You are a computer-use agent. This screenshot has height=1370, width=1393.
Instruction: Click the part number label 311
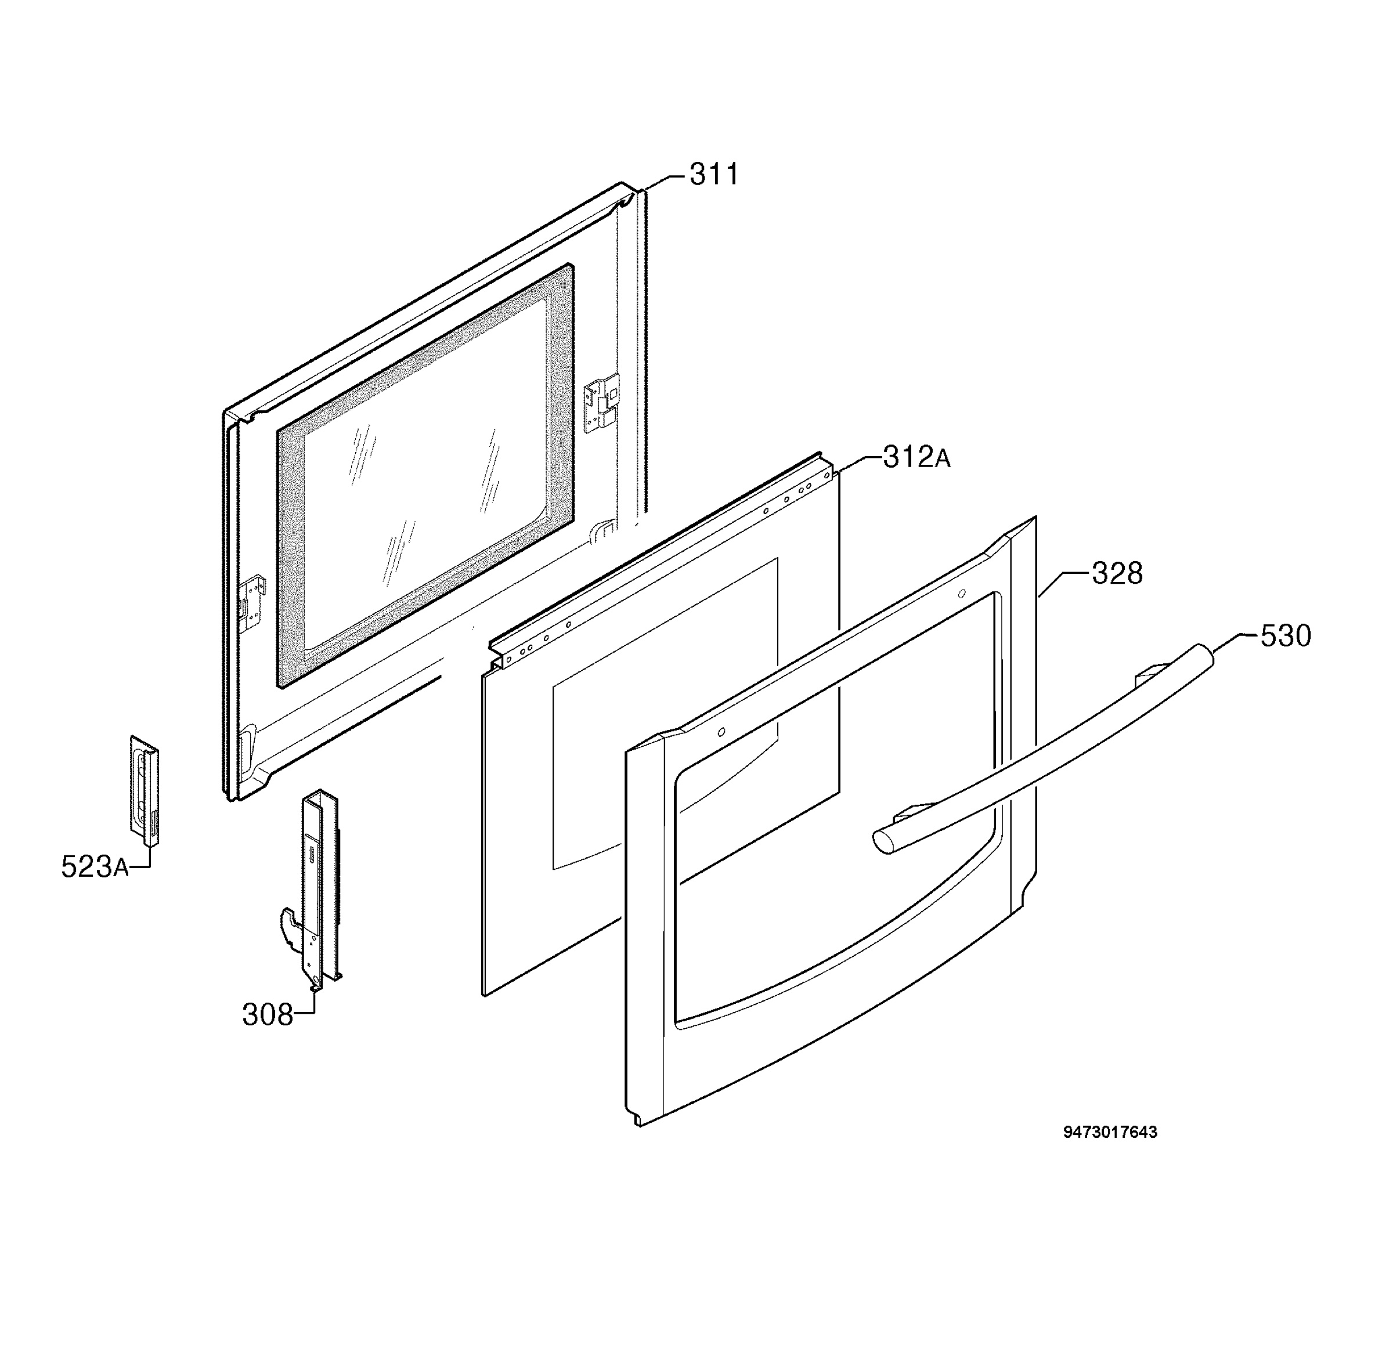coord(713,175)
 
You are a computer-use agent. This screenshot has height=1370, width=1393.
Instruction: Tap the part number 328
coord(1117,573)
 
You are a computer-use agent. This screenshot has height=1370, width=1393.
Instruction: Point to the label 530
coord(1285,636)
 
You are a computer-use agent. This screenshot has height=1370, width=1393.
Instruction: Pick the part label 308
coord(267,1015)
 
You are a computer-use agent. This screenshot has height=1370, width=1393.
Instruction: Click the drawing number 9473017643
coord(1110,1133)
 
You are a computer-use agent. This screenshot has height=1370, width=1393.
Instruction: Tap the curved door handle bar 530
coord(1044,749)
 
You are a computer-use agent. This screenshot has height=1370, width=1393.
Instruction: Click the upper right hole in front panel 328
coord(961,594)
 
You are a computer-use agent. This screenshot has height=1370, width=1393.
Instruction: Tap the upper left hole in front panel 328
coord(721,732)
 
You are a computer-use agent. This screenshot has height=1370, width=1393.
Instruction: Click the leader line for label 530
coord(1229,642)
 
